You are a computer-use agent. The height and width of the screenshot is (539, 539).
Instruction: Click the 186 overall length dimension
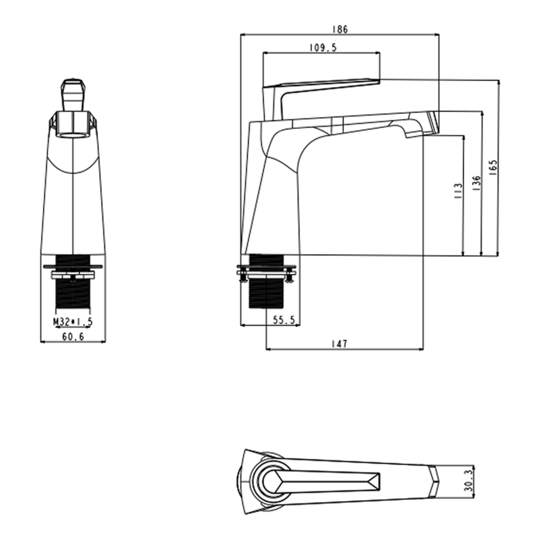pos(340,30)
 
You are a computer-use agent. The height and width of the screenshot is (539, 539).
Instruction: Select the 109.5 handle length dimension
pos(323,48)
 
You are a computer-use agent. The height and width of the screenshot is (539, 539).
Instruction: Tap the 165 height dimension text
pos(493,168)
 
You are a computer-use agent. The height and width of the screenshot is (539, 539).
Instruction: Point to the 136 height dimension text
pos(476,183)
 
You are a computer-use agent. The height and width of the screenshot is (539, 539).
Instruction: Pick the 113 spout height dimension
pos(458,191)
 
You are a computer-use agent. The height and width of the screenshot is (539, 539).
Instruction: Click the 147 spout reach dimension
pos(340,344)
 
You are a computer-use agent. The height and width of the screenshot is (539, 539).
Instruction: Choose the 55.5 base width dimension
pos(284,320)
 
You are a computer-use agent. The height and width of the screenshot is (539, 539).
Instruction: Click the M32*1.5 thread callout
pos(73,322)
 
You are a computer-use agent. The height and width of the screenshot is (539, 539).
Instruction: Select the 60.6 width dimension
pos(73,336)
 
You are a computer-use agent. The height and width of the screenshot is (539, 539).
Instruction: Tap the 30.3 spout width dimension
pos(468,481)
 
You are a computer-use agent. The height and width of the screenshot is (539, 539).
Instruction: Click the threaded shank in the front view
pos(73,282)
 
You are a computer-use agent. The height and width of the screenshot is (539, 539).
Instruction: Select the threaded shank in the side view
pos(266,281)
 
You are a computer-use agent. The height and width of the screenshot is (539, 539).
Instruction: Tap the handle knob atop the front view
pos(73,95)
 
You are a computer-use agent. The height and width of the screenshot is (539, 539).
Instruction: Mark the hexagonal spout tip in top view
pos(433,481)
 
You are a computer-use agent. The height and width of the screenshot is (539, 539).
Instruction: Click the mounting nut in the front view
pos(73,276)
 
